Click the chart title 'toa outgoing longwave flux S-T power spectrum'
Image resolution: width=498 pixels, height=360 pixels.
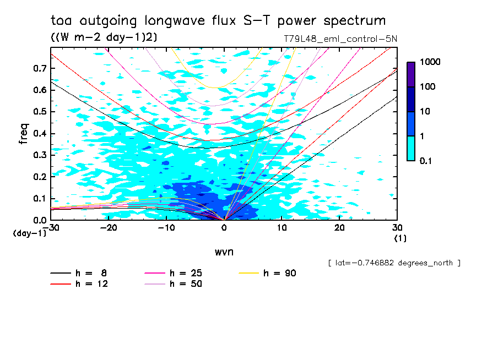(x=218, y=21)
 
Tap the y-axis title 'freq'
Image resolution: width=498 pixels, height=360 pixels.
(x=24, y=134)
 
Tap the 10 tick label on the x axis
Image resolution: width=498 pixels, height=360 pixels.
(x=282, y=227)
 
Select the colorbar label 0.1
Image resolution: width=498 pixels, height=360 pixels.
(x=427, y=161)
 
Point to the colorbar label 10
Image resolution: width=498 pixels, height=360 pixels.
(x=426, y=111)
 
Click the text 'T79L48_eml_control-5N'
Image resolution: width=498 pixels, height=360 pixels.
(x=338, y=39)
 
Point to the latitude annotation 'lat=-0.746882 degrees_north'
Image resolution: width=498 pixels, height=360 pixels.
(x=394, y=263)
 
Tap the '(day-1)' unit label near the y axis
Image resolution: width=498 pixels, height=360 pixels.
(x=29, y=233)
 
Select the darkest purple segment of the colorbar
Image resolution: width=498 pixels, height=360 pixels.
(x=411, y=74)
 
